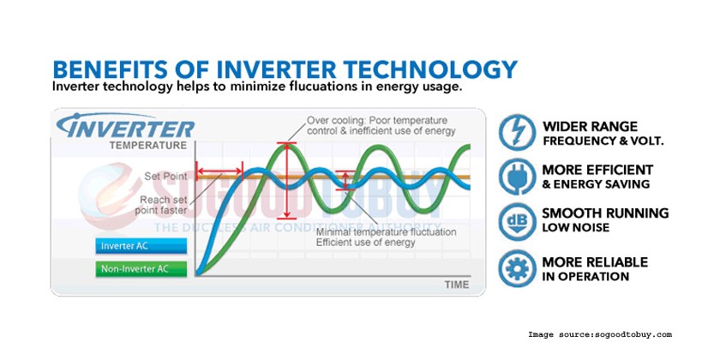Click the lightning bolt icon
(x=518, y=133)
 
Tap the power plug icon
(x=518, y=177)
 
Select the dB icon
(x=518, y=222)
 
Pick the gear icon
(x=518, y=268)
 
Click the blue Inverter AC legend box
(x=141, y=246)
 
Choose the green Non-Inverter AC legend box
(x=141, y=269)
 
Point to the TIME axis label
(x=457, y=285)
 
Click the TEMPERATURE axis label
(x=148, y=146)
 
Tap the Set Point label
(x=165, y=176)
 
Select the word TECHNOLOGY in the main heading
(x=430, y=69)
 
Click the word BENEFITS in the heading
(x=111, y=69)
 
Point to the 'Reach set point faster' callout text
(x=161, y=205)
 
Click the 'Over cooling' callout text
(x=381, y=126)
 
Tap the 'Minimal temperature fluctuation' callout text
(x=387, y=237)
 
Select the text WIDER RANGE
(x=590, y=127)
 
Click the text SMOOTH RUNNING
(x=605, y=213)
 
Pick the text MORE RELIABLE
(x=595, y=262)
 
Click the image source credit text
(x=600, y=335)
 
